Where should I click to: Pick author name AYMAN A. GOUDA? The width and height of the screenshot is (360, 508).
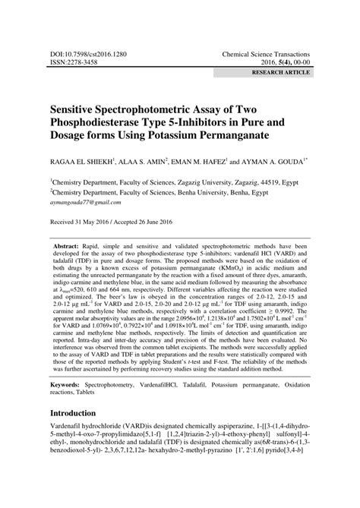(272, 162)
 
